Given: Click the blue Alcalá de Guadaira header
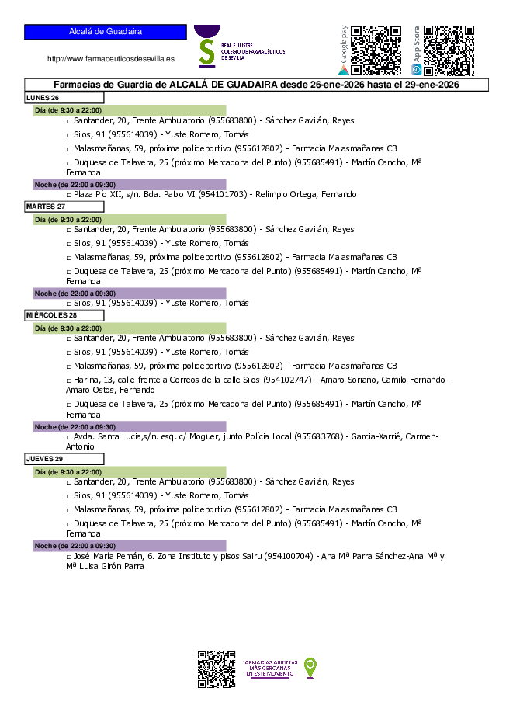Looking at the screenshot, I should pos(106,32).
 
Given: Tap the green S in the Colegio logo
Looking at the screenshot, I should pos(206,51).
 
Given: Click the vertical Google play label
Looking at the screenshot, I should pos(344,45).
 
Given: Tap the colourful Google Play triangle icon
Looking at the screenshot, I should pos(343,70).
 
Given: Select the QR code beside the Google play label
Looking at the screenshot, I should pos(376,50).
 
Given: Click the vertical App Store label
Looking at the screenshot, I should pos(417,45).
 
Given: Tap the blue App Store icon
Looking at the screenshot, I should pos(417,70).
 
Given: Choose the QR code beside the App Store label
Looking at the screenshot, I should pos(449,50).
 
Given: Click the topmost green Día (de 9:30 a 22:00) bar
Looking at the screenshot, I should pos(130,110).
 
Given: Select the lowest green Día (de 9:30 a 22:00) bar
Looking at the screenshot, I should pos(130,472).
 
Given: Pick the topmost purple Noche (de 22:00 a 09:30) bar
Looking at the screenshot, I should pos(130,185).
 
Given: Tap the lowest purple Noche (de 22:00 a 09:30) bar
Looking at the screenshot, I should pos(130,546).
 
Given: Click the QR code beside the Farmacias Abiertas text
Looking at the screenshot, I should pos(217,669).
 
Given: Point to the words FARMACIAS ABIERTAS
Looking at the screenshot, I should pos(271,662).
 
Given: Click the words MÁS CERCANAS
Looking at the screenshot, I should pos(270,668).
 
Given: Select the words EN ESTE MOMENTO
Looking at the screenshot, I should pos(270,674).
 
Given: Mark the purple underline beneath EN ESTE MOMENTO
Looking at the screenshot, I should pos(270,679).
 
